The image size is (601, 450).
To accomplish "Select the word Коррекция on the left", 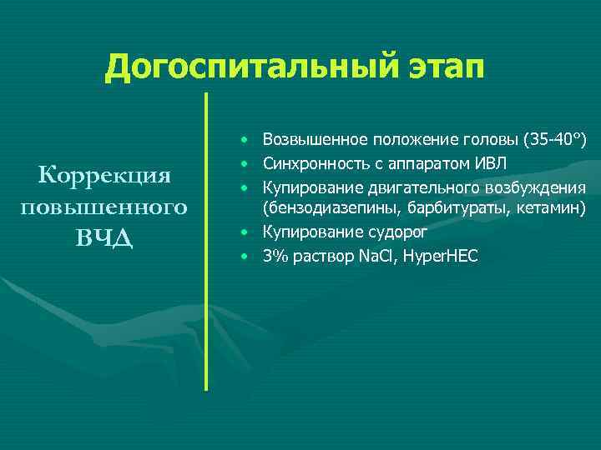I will pos(104,176).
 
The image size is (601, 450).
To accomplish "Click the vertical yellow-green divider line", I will pos(205,242).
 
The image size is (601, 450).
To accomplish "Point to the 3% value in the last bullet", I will pos(272,256).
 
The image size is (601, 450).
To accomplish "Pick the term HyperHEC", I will pos(440,256).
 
